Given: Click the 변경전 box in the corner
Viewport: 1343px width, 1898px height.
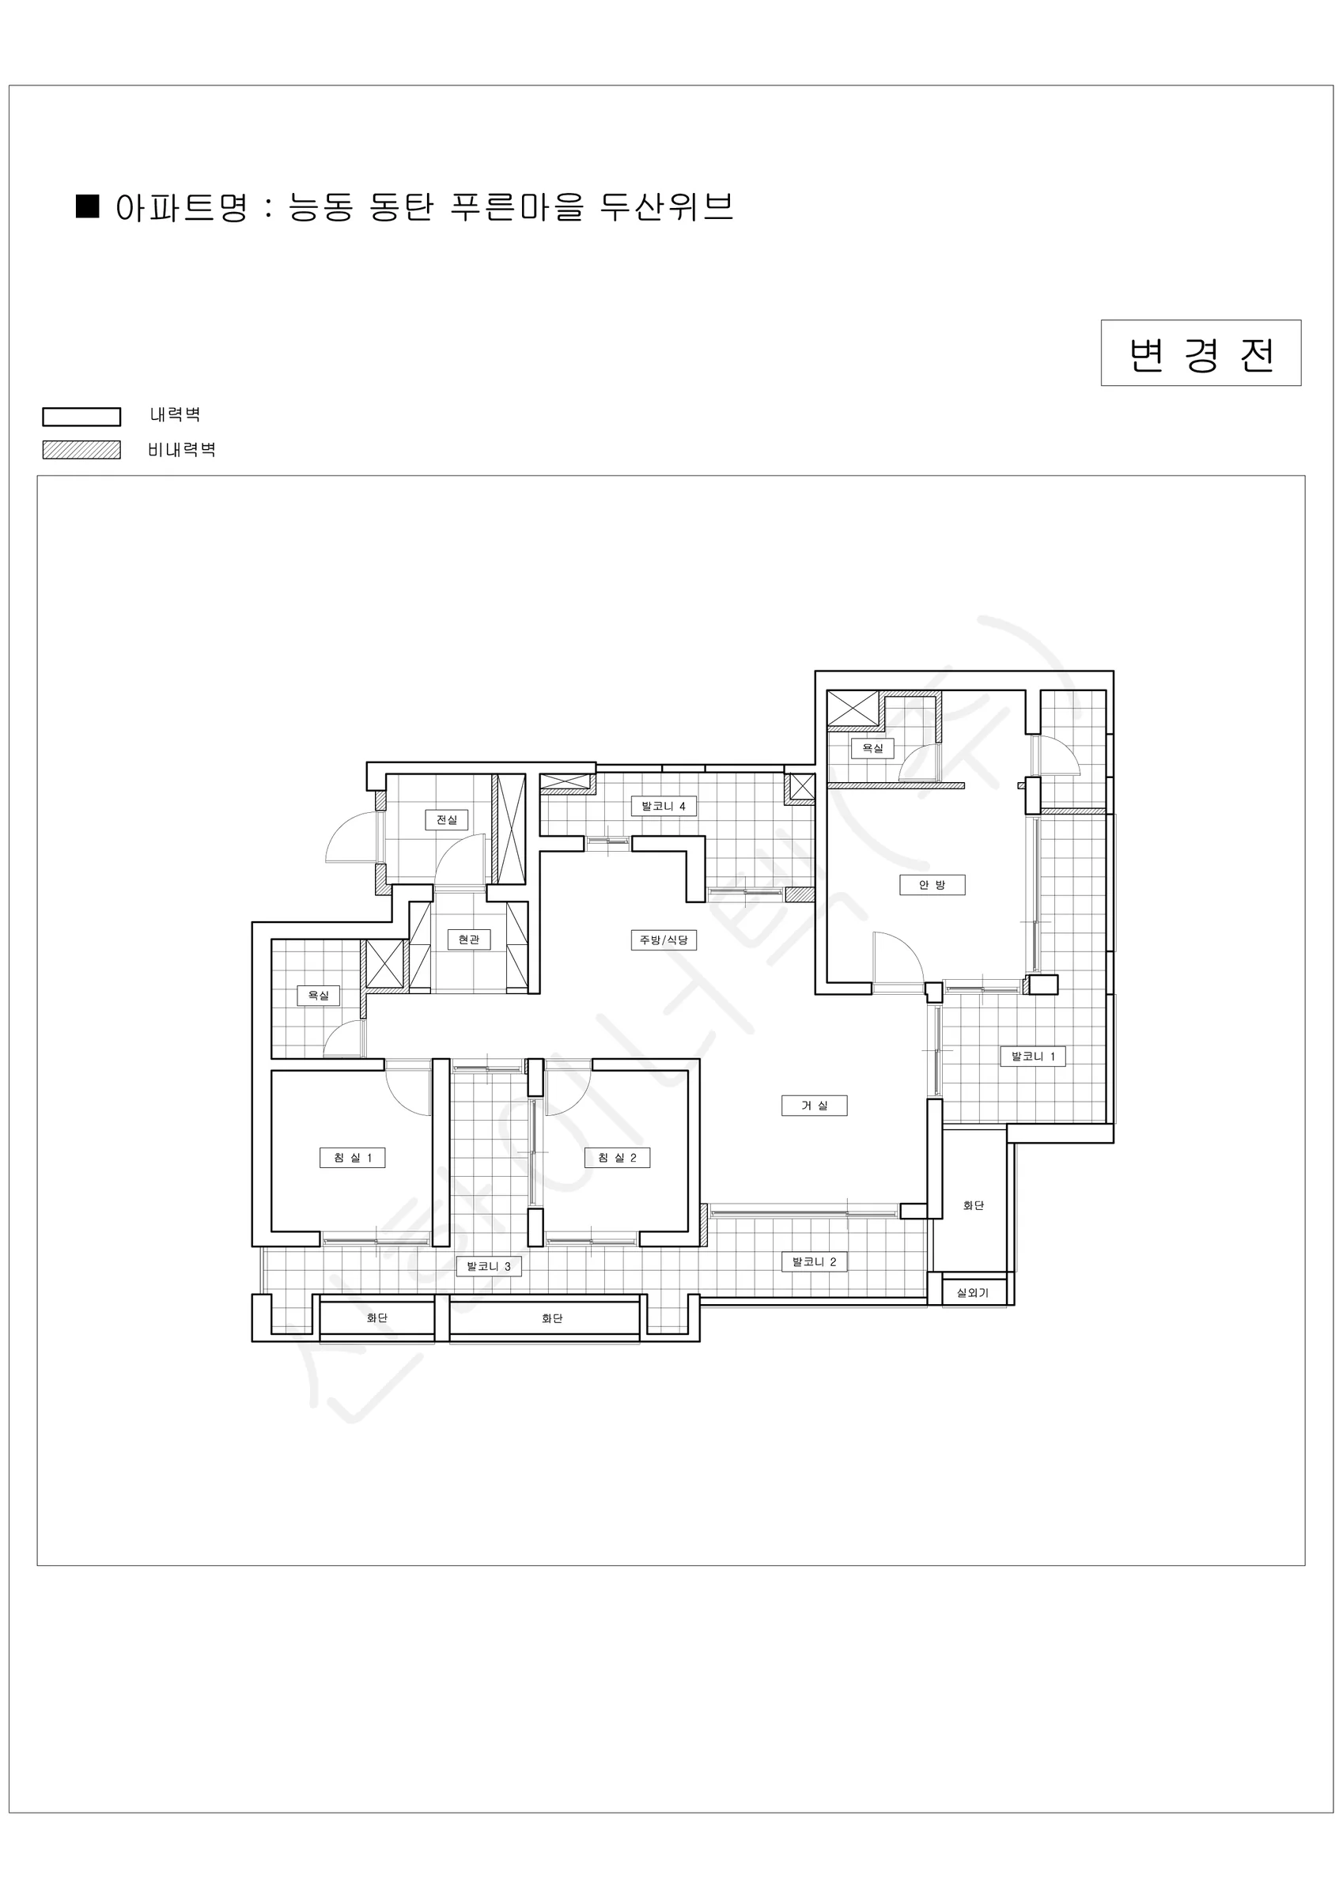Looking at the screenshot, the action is pyautogui.click(x=1201, y=353).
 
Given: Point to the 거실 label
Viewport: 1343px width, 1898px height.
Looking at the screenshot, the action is pyautogui.click(x=814, y=1106).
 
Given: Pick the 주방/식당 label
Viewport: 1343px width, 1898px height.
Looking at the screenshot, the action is pyautogui.click(x=664, y=940).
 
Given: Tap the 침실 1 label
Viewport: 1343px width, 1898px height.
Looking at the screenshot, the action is pyautogui.click(x=352, y=1157).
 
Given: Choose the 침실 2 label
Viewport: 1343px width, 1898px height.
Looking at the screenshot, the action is pyautogui.click(x=617, y=1157).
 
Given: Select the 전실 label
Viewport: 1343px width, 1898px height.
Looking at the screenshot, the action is pyautogui.click(x=447, y=820).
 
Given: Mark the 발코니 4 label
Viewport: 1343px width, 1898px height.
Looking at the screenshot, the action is pyautogui.click(x=664, y=806).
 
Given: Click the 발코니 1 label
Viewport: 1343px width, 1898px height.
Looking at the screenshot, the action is pyautogui.click(x=1033, y=1056).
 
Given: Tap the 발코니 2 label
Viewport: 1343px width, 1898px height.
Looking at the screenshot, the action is pyautogui.click(x=814, y=1261).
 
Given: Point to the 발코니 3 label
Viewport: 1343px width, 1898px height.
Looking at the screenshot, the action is pyautogui.click(x=489, y=1265).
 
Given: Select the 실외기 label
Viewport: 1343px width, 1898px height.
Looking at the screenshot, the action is pyautogui.click(x=973, y=1293).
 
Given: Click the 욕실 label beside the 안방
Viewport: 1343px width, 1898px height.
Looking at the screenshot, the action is pyautogui.click(x=872, y=748).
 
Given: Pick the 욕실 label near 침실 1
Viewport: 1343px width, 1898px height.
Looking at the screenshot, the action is pyautogui.click(x=319, y=996).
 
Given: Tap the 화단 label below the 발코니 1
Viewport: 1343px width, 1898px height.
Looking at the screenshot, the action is pyautogui.click(x=974, y=1206).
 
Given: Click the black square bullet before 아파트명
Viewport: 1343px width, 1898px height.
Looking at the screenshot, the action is pyautogui.click(x=88, y=206).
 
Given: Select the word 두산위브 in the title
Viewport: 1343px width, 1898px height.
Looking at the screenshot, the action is pyautogui.click(x=668, y=206).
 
